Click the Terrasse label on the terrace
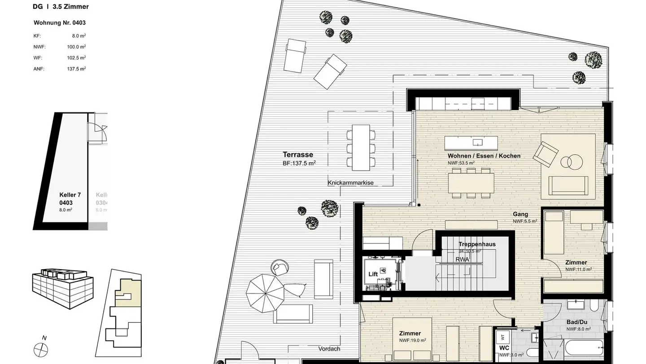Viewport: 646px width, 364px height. click(297, 155)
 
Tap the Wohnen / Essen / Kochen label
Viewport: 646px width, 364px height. click(484, 156)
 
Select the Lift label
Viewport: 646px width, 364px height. click(373, 274)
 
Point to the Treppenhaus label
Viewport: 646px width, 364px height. click(477, 244)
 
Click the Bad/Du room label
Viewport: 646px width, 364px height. click(577, 322)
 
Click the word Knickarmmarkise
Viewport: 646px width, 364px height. click(350, 183)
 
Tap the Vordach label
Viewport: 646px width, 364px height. click(329, 349)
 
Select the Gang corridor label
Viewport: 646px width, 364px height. click(520, 214)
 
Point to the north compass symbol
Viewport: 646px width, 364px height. click(41, 349)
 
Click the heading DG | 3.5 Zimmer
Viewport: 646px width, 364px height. click(61, 7)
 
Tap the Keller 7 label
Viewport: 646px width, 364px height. click(70, 195)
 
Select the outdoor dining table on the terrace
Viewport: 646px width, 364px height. click(361, 148)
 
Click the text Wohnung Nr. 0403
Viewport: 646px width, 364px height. click(60, 22)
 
